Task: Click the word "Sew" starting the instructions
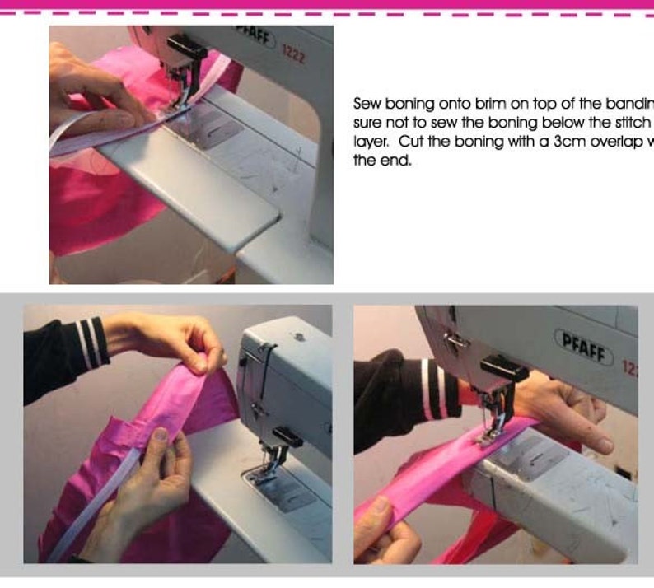point(366,104)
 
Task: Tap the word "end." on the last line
point(393,161)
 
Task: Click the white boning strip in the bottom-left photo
point(91,511)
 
